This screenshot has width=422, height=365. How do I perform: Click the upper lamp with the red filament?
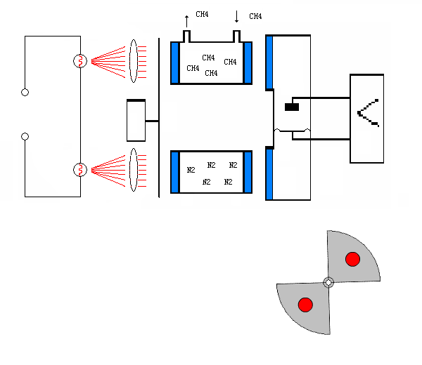pos(80,61)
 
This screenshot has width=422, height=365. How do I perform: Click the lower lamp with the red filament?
pos(80,170)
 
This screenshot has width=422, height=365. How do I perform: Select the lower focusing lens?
pos(133,169)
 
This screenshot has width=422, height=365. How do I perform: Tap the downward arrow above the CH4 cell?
pos(237,16)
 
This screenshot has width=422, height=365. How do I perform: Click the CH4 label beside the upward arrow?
pos(202,14)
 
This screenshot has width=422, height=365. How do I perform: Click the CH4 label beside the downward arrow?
pos(255,16)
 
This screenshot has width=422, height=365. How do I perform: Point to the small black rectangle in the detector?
pos(292,107)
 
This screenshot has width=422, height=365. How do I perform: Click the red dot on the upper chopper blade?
pos(353,259)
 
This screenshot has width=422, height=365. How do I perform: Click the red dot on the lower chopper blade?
pos(305,305)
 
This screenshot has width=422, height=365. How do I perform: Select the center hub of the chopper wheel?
pos(328,282)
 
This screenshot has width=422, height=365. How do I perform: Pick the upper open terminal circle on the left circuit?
pos(25,92)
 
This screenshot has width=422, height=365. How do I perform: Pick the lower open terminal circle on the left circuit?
pos(25,136)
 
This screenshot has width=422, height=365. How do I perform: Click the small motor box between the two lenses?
pos(136,121)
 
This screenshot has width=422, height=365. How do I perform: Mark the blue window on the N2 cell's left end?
pos(175,172)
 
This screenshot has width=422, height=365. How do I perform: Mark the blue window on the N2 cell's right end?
pos(248,172)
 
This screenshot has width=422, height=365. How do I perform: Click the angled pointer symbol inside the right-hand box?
pos(368,112)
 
